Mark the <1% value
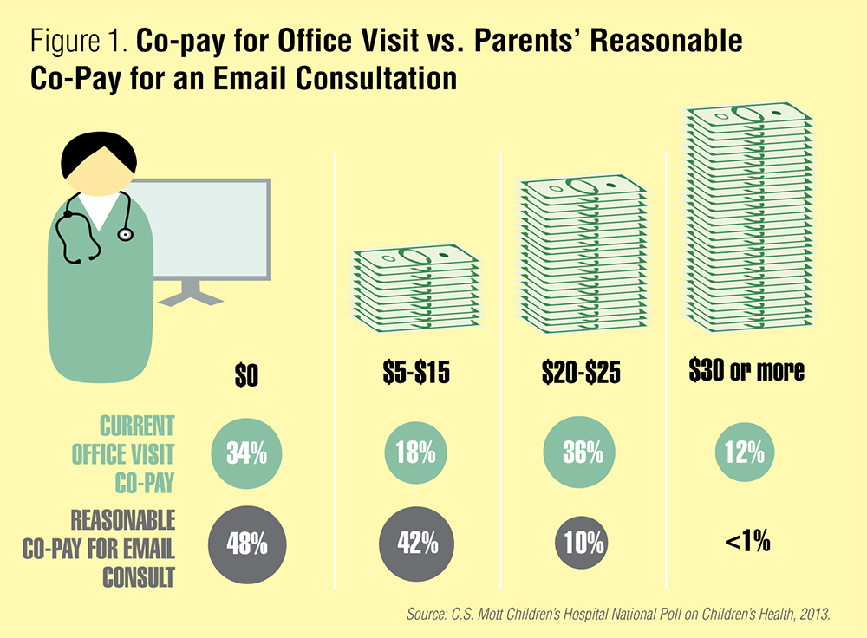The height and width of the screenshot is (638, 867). (x=746, y=544)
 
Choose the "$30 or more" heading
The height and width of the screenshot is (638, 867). (x=746, y=372)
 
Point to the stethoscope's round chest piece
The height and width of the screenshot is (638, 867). (x=127, y=234)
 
